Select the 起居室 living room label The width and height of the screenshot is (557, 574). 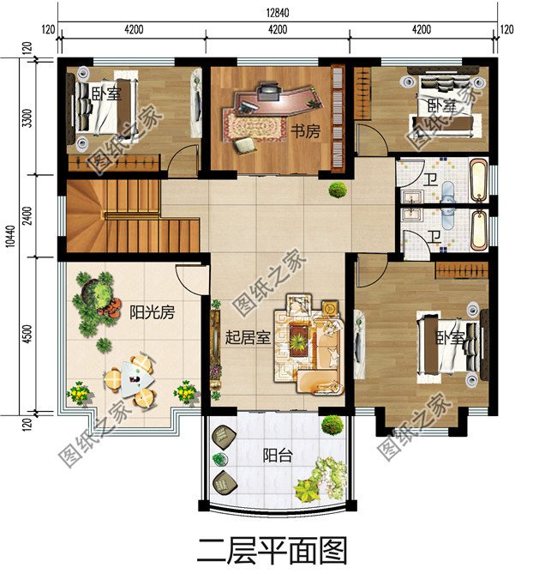click(249, 337)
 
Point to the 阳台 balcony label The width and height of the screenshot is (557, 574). click(278, 456)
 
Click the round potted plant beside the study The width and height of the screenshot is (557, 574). click(338, 190)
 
